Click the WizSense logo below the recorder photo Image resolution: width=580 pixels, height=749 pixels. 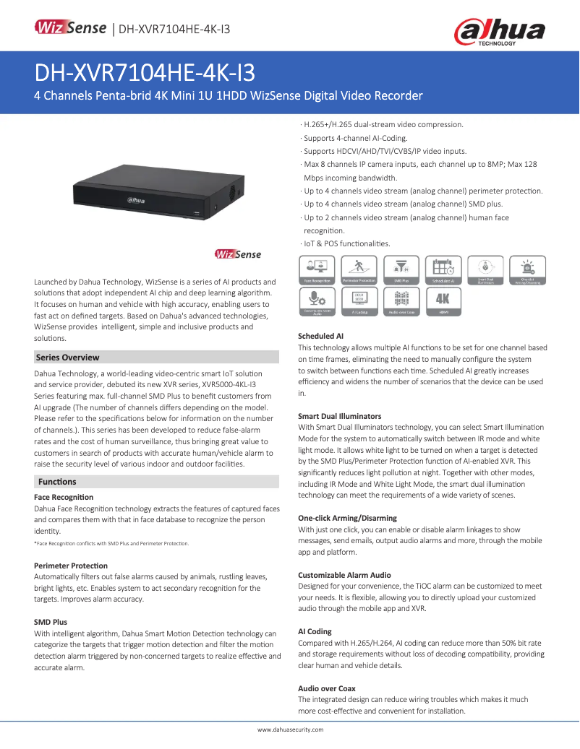[238, 254]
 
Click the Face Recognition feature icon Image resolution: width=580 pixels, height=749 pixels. [316, 269]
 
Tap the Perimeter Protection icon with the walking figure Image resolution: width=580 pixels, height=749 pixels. [358, 269]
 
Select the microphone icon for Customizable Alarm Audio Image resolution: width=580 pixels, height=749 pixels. [316, 301]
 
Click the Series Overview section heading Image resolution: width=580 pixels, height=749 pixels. [68, 358]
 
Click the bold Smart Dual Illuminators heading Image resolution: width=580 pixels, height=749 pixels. [339, 417]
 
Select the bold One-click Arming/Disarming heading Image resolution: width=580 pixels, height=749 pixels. [347, 519]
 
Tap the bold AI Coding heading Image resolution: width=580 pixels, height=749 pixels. [315, 631]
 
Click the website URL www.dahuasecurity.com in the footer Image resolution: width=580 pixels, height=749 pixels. [290, 729]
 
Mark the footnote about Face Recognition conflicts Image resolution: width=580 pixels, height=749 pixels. [111, 543]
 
